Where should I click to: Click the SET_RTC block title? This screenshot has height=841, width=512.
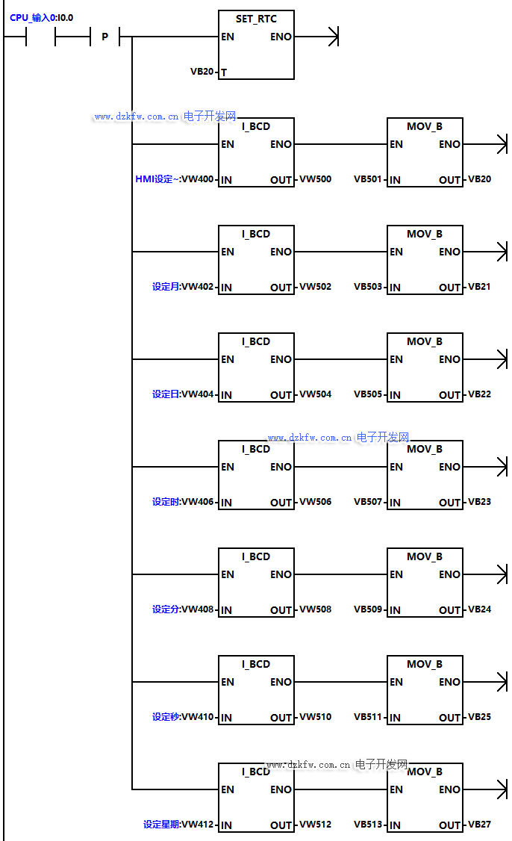[256, 19]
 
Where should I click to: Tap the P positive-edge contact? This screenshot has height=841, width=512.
[104, 37]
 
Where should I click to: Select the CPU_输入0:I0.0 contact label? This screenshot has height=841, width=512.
[42, 17]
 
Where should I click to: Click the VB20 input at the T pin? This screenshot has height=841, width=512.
[202, 72]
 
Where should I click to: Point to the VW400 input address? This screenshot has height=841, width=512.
[198, 179]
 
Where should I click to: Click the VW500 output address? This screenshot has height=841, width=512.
[315, 179]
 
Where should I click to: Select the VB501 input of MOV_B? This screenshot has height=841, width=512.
[368, 179]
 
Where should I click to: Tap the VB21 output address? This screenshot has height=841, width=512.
[479, 287]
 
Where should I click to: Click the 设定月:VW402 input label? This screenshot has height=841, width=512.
[183, 287]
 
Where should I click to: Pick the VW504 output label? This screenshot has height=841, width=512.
[315, 394]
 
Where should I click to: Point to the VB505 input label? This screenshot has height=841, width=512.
[368, 394]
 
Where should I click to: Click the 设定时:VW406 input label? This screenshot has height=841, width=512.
[183, 502]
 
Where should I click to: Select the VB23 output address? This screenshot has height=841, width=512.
[479, 502]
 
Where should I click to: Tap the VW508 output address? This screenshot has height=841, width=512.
[315, 609]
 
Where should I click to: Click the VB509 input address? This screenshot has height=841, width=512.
[368, 609]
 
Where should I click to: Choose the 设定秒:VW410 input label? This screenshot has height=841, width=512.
[183, 717]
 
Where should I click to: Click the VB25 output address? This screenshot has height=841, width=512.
[479, 717]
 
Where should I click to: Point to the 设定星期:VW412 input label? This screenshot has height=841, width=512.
[178, 825]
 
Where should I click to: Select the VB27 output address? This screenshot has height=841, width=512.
[479, 825]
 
